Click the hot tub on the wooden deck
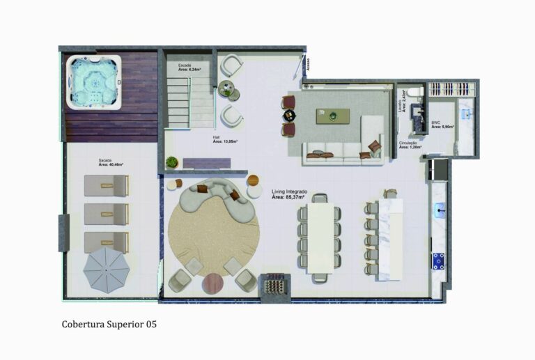pos(93,83)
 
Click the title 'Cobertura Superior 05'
pos(114,324)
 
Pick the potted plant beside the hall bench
pos(171,162)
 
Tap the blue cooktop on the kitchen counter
pos(439,261)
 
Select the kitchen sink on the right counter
pos(440,208)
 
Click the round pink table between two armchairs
pos(213,283)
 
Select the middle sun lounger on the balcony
pos(106,214)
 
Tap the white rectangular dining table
pos(320,237)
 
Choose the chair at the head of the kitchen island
pos(390,194)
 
